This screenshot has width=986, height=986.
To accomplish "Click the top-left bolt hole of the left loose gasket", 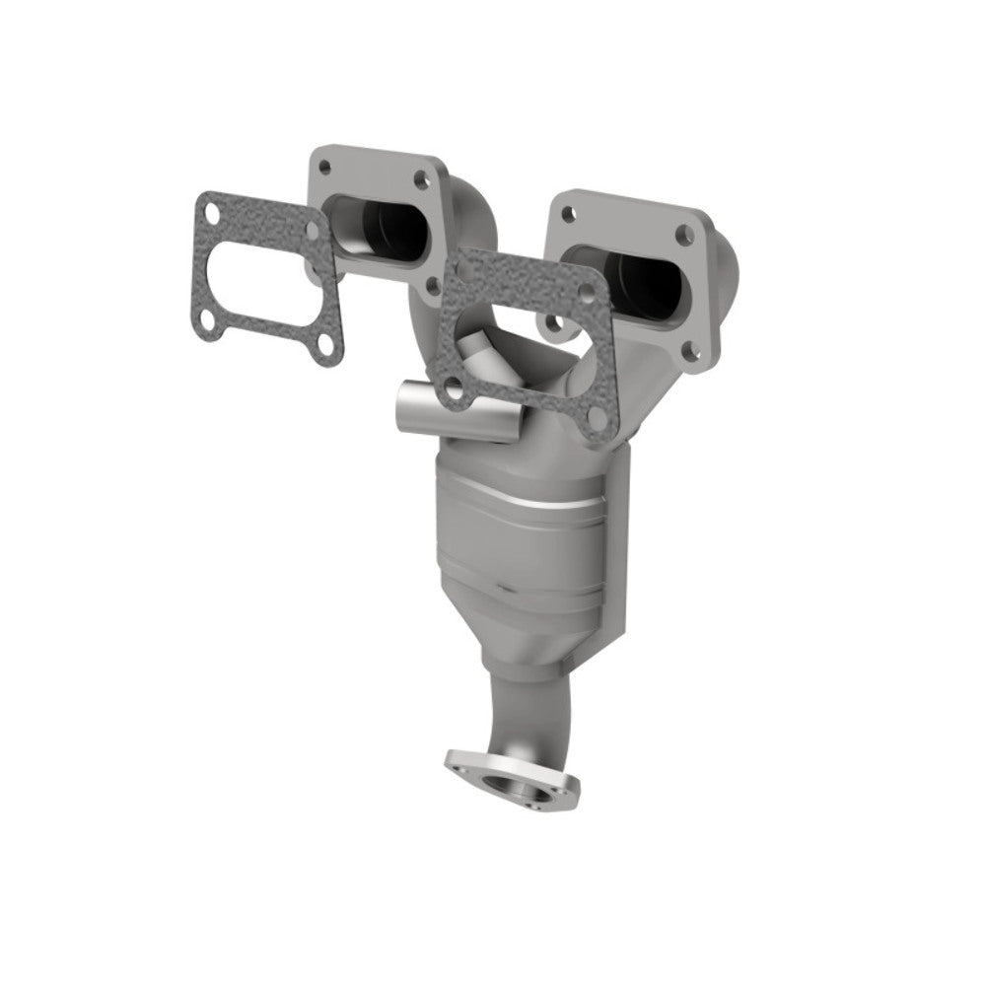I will pyautogui.click(x=210, y=210).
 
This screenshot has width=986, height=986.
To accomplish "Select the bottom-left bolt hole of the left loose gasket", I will pyautogui.click(x=206, y=319).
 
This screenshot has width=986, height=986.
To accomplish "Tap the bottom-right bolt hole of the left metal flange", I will pyautogui.click(x=432, y=286).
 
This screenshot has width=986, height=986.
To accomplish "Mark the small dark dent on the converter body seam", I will pyautogui.click(x=504, y=589).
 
